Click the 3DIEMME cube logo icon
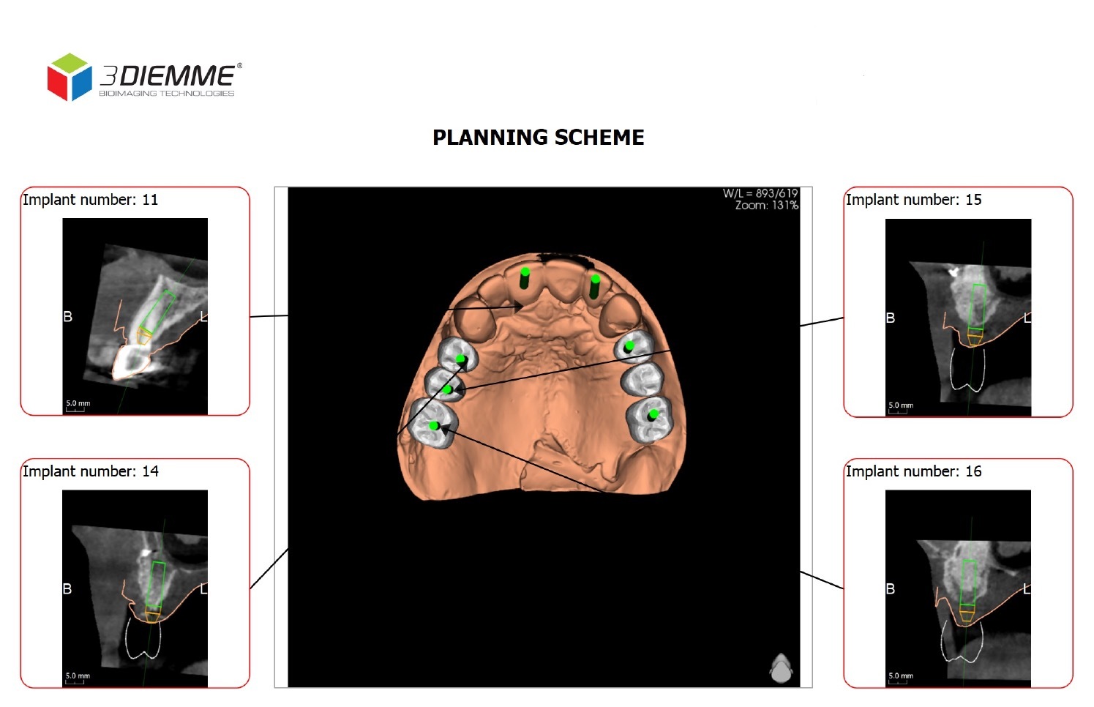pyautogui.click(x=70, y=77)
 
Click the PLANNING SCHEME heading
pyautogui.click(x=538, y=138)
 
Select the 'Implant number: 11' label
pyautogui.click(x=90, y=200)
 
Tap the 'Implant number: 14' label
pyautogui.click(x=90, y=471)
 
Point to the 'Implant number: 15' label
pyautogui.click(x=913, y=200)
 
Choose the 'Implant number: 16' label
pyautogui.click(x=913, y=471)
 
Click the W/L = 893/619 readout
pyautogui.click(x=760, y=193)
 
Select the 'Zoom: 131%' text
pyautogui.click(x=766, y=206)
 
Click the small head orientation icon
pyautogui.click(x=781, y=667)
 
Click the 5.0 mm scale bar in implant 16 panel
pyautogui.click(x=900, y=678)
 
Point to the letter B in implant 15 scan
pyautogui.click(x=891, y=318)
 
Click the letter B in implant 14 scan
pyautogui.click(x=67, y=588)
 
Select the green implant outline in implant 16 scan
pyautogui.click(x=969, y=583)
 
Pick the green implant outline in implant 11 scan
pyautogui.click(x=157, y=310)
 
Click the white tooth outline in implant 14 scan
pyautogui.click(x=143, y=638)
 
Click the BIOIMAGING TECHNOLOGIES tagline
pyautogui.click(x=167, y=94)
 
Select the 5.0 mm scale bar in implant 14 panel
pyautogui.click(x=77, y=678)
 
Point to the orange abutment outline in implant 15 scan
pyautogui.click(x=975, y=337)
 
